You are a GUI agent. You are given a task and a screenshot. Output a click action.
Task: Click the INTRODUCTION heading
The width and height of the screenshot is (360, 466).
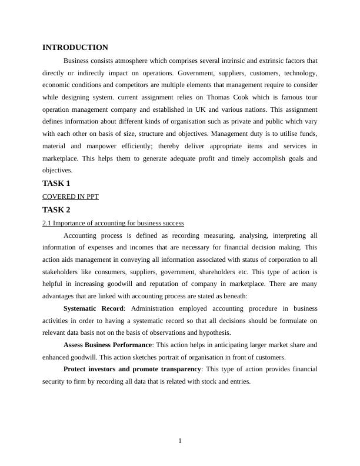(x=75, y=48)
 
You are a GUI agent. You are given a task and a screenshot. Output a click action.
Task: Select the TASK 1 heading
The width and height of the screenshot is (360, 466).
(x=56, y=184)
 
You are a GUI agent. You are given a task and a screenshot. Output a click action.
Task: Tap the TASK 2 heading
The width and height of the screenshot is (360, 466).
(x=56, y=210)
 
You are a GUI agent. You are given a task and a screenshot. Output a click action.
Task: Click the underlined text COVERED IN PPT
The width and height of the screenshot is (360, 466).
(x=71, y=197)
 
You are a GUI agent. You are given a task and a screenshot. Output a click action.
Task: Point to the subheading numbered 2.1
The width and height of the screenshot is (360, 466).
(x=113, y=224)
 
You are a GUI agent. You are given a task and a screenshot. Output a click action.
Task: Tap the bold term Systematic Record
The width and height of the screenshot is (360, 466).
(x=93, y=308)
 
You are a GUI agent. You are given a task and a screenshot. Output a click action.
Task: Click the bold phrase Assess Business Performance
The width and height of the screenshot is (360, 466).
(x=108, y=345)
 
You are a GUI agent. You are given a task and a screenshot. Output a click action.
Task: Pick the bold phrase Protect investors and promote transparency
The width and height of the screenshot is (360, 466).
(x=132, y=369)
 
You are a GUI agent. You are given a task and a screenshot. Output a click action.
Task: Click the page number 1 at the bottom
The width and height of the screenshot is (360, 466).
(x=180, y=441)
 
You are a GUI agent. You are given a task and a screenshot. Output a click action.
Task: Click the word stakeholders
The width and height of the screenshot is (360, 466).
(x=61, y=272)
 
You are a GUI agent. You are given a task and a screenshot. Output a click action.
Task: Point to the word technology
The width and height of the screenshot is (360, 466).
(x=300, y=73)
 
